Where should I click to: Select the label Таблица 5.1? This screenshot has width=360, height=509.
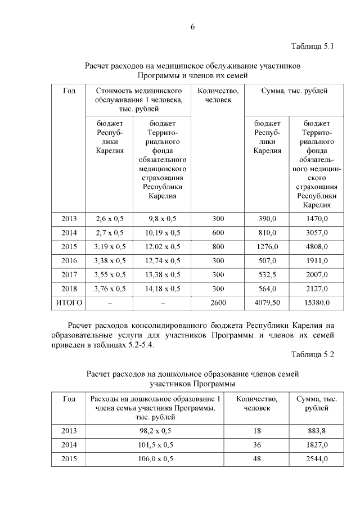click(313, 46)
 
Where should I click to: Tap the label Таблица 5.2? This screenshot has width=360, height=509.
click(313, 355)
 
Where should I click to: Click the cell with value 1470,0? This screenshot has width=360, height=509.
click(316, 218)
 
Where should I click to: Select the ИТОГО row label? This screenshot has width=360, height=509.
click(69, 303)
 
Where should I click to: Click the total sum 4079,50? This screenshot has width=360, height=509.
click(267, 303)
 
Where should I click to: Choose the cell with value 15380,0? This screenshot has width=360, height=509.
click(316, 303)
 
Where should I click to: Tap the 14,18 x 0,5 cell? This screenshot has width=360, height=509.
click(163, 289)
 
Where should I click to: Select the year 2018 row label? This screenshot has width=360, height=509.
click(69, 289)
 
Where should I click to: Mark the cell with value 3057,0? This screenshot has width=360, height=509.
click(316, 232)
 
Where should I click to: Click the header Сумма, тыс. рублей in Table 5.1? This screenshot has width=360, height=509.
click(294, 90)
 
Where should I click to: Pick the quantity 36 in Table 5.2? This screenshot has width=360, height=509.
click(257, 445)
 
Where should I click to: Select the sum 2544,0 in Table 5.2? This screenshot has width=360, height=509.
click(317, 459)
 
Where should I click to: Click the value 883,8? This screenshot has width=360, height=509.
click(317, 431)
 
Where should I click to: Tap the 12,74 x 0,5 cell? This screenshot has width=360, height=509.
click(163, 260)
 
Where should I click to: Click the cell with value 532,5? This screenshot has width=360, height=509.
click(267, 274)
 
